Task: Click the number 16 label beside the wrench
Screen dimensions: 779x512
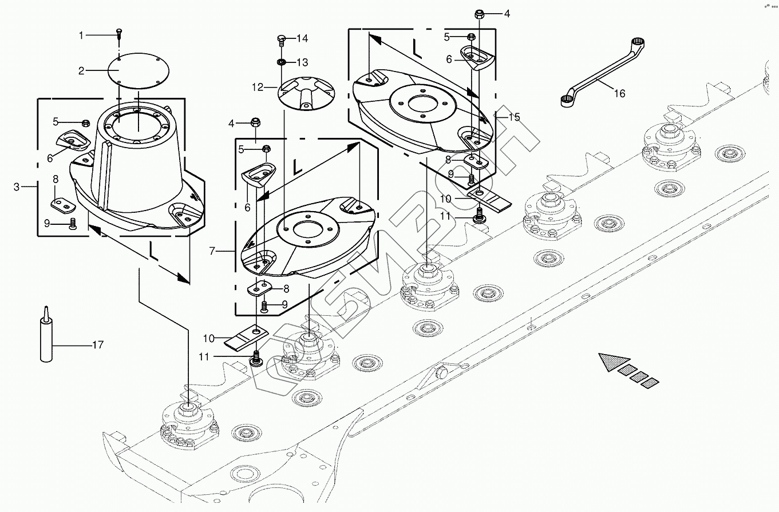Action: pos(619,93)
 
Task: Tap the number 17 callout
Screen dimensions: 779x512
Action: pos(98,345)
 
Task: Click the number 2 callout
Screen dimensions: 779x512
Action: pos(81,71)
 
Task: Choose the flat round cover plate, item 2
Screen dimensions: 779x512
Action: pos(139,71)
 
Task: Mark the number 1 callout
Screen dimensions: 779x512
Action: pos(81,35)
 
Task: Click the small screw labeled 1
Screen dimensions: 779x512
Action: pos(119,34)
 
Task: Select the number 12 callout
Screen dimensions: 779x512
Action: pos(258,88)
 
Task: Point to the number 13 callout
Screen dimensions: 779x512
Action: pos(303,62)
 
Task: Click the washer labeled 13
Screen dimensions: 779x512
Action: pos(282,62)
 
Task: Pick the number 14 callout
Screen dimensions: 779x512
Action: pos(303,38)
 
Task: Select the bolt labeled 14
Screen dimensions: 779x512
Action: pos(282,40)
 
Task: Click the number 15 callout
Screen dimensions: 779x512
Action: pos(514,117)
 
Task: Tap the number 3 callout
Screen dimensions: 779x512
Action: pos(17,187)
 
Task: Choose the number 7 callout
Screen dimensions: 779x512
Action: pos(212,251)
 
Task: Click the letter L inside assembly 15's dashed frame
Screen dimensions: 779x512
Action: pos(417,49)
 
